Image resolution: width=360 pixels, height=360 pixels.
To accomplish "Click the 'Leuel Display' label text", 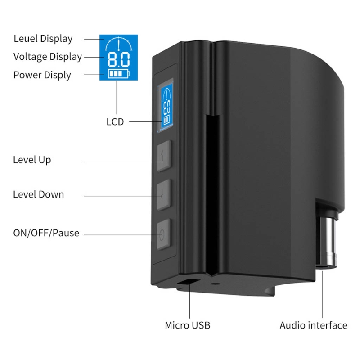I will point(43,39).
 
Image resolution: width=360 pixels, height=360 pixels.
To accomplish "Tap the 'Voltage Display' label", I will point(48,57).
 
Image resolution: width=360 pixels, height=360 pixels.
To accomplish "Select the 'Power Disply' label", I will point(42,75).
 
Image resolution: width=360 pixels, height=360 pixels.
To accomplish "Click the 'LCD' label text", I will point(115,121).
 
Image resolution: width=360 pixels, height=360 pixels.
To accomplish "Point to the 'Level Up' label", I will point(32,160).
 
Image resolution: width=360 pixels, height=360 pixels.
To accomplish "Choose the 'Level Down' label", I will point(38,194).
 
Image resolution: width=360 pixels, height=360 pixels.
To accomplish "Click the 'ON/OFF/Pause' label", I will point(46,233).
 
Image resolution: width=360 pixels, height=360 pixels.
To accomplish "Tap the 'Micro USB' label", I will point(187,325).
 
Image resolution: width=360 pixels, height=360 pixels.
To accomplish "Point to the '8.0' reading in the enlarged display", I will point(118,59).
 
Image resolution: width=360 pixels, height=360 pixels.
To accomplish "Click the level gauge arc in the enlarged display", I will point(118,44).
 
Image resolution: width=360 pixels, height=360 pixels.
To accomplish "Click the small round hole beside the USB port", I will point(215,284).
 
